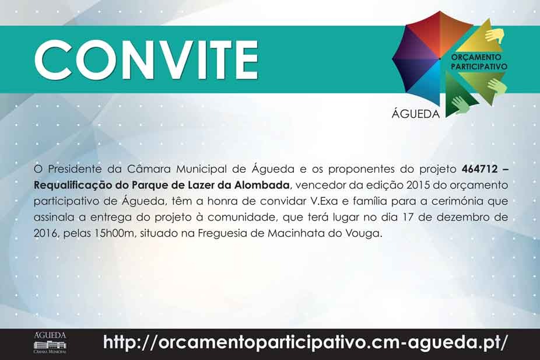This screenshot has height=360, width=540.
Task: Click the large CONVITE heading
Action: click(x=146, y=60)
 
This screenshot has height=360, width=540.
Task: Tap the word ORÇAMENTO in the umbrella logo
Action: click(x=476, y=57)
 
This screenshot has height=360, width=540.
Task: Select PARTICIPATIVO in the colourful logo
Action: click(x=479, y=66)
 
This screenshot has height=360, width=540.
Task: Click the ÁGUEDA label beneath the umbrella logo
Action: click(x=416, y=113)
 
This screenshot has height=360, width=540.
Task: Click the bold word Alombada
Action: click(x=262, y=185)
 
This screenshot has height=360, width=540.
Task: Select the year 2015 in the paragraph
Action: click(x=418, y=185)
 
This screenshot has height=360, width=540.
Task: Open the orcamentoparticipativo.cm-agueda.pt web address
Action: click(x=305, y=342)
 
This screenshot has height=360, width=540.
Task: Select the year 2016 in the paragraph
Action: click(x=45, y=233)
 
